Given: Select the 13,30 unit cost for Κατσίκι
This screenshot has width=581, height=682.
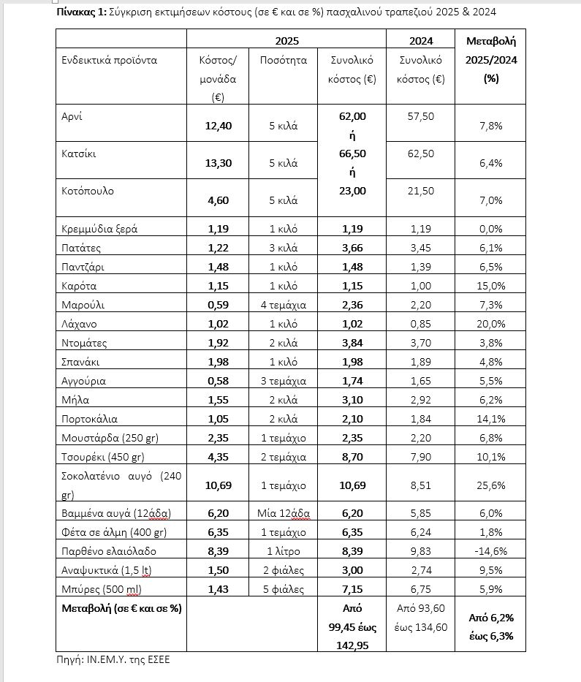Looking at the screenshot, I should tap(218, 163).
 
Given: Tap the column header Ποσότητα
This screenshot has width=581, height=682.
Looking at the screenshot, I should tap(284, 60).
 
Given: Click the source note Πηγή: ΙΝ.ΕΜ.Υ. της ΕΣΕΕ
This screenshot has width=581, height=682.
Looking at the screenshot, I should tap(113, 659).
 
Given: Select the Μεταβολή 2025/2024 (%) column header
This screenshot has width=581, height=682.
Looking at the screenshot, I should tap(490, 60).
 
